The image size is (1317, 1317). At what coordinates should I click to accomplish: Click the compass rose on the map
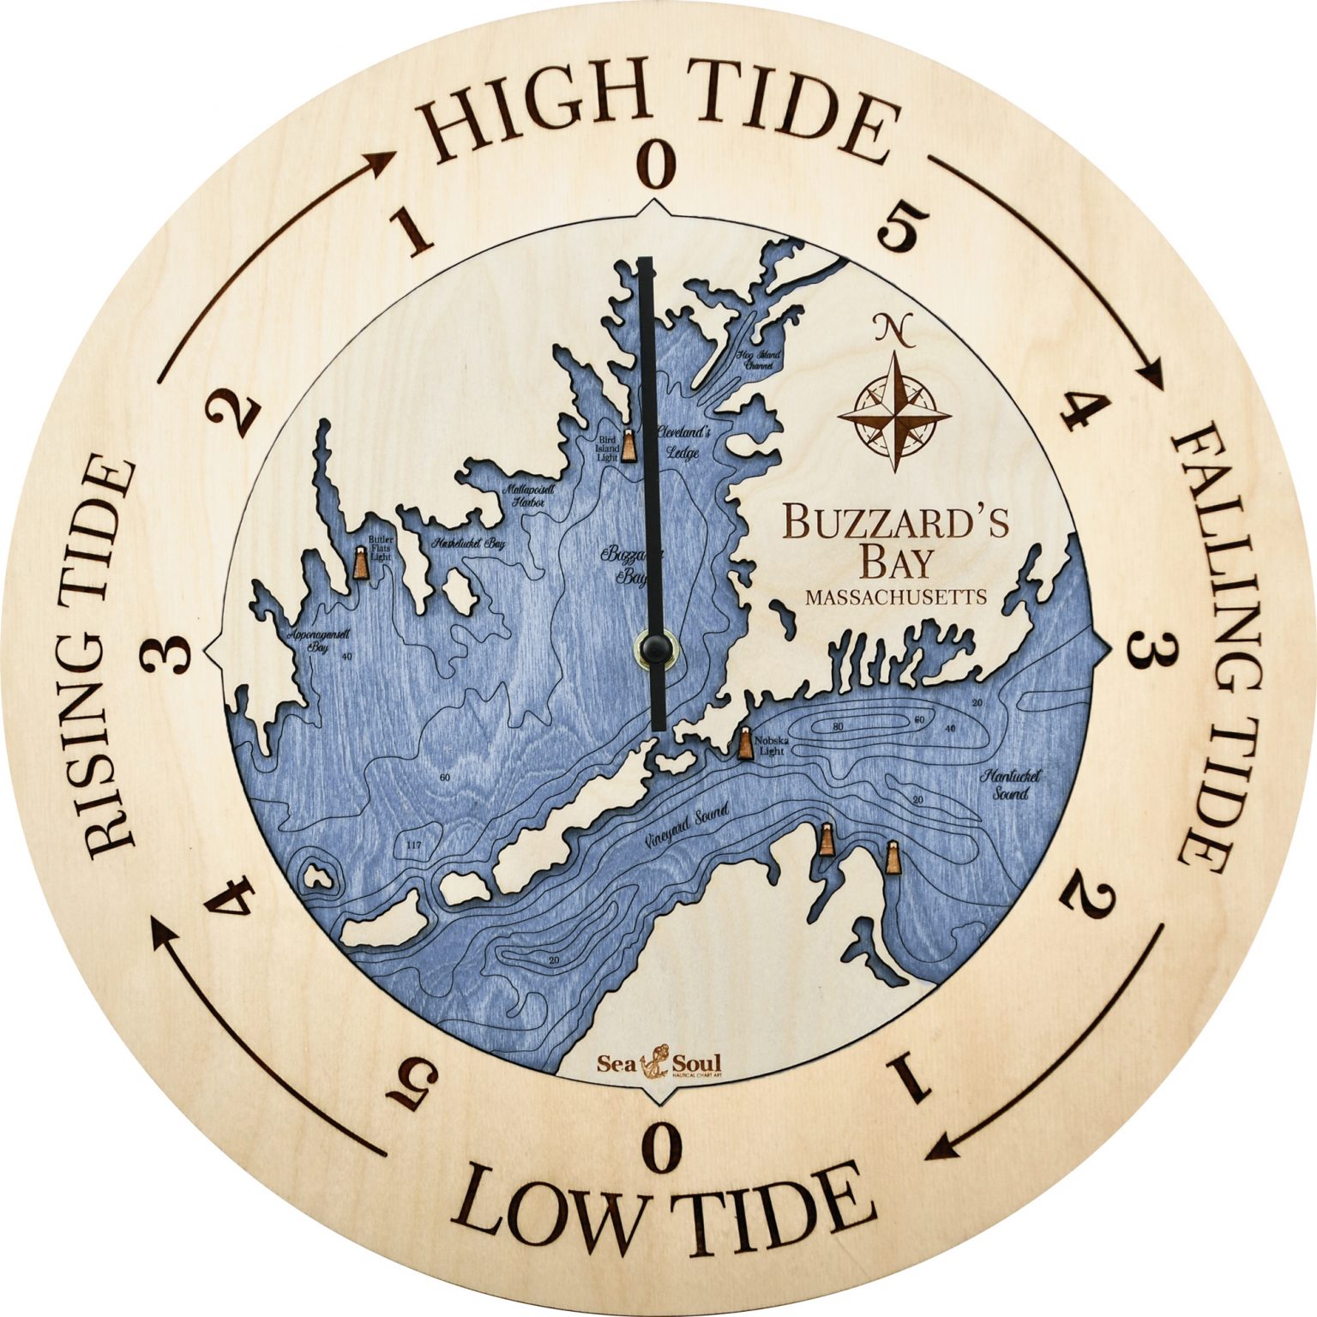894,414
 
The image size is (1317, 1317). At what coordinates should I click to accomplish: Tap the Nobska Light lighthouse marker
746,743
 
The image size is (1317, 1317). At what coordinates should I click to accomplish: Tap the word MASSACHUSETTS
895,597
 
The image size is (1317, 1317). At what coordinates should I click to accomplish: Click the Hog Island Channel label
758,358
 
